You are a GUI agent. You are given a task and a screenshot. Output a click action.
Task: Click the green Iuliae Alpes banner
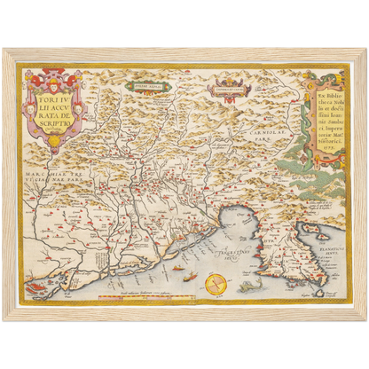click(x=142, y=86)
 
